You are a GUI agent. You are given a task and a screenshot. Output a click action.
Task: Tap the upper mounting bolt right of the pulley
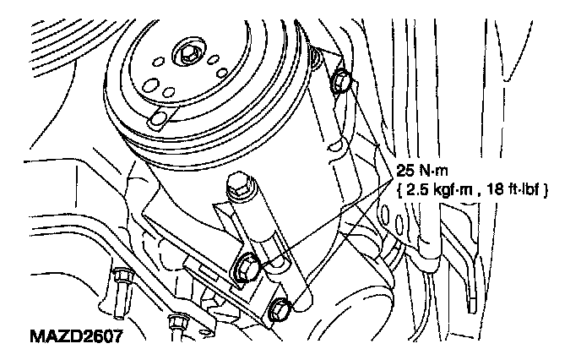pos(340,83)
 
